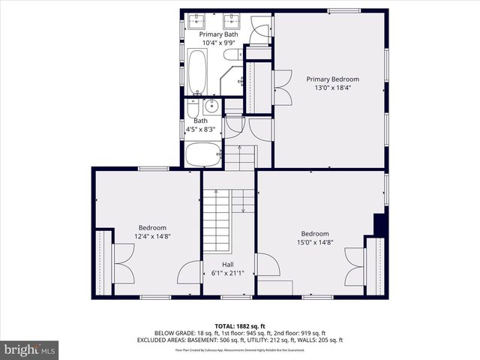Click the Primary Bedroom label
332,79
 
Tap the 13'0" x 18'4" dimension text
332,88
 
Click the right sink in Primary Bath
234,17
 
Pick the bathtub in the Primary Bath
198,70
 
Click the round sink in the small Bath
211,105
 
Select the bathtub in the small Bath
202,155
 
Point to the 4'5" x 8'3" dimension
200,130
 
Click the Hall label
227,265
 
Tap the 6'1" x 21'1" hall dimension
227,274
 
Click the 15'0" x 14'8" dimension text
315,242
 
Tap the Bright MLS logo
30,349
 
